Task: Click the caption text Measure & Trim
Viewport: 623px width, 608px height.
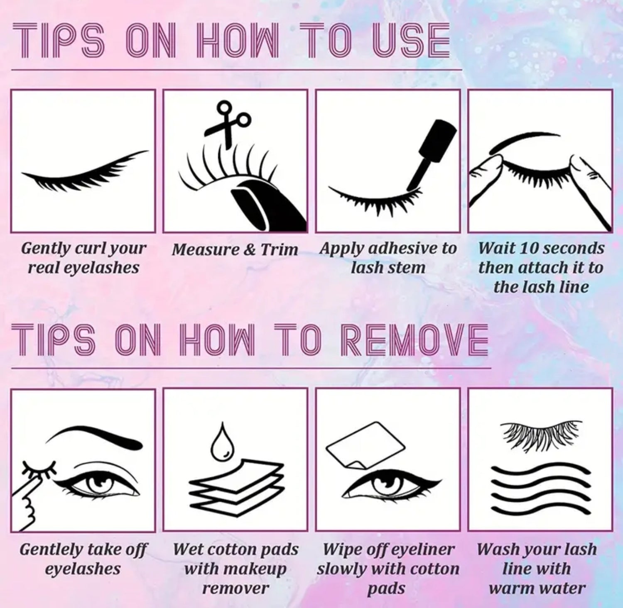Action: pyautogui.click(x=235, y=250)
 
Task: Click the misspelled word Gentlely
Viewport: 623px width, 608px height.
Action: pyautogui.click(x=47, y=549)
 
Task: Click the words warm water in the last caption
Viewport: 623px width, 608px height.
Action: pyautogui.click(x=537, y=588)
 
